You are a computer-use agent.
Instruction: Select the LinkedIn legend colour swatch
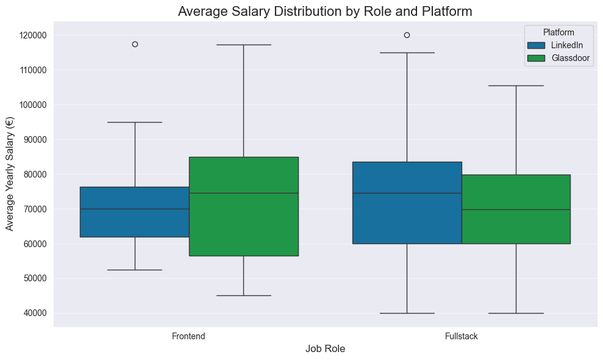537,45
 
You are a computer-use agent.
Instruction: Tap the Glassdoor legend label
571,59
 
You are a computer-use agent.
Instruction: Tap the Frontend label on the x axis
188,336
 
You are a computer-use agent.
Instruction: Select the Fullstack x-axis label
461,336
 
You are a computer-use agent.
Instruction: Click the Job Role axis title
325,349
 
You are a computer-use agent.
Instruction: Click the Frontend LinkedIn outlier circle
135,44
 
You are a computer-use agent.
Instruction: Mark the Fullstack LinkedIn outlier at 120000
407,35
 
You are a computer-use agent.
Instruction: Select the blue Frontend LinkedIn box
135,212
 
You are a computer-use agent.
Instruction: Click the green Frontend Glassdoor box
243,206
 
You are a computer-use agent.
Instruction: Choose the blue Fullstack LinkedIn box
407,203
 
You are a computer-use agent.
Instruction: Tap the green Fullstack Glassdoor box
516,209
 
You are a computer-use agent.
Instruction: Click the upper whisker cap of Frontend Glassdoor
243,45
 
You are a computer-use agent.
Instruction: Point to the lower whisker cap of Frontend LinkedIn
135,270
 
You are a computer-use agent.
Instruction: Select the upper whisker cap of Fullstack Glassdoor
516,85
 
